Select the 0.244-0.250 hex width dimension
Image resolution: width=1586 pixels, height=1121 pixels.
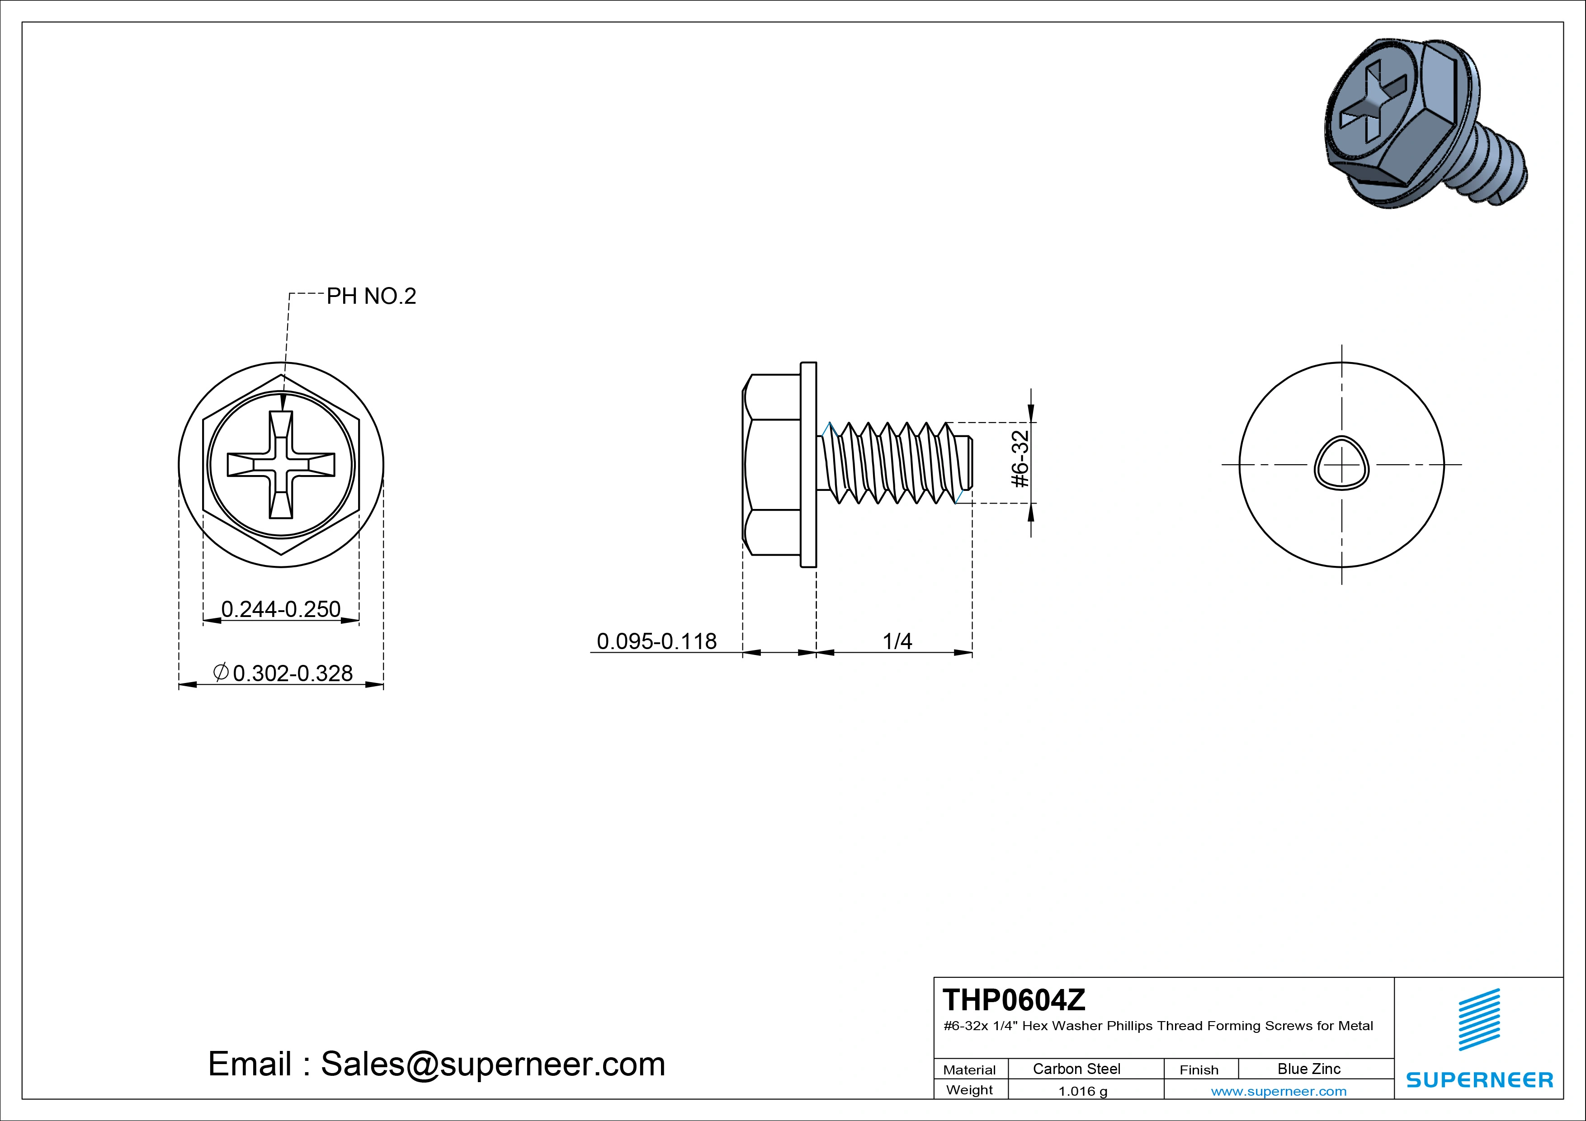click(280, 609)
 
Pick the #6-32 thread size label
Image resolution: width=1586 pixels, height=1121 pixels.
click(1020, 459)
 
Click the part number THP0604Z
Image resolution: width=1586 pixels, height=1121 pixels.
click(1014, 999)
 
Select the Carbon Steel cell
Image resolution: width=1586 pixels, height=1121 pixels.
click(1076, 1069)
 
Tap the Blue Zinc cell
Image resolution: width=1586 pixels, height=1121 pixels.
click(1309, 1069)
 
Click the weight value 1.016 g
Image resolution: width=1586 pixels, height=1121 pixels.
click(1082, 1091)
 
